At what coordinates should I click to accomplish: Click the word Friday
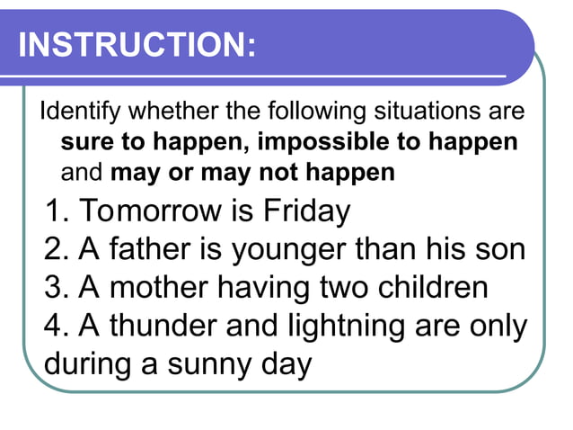coord(306,211)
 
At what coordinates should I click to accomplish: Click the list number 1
coord(56,211)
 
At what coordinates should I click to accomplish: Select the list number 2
coord(56,249)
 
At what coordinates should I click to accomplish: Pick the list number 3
coord(56,288)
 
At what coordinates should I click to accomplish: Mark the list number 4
coord(56,327)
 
